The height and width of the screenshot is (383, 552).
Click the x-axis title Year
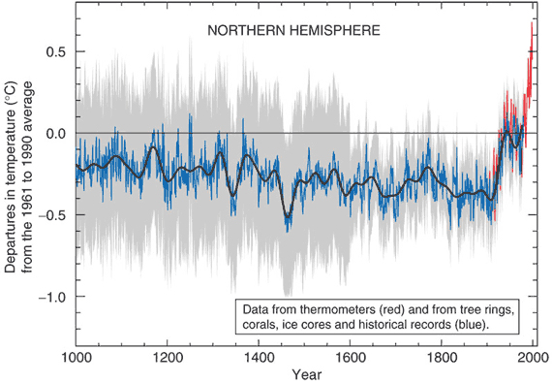pyautogui.click(x=304, y=373)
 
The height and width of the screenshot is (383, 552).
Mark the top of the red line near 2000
pyautogui.click(x=532, y=23)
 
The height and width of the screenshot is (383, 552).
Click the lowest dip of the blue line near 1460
pyautogui.click(x=287, y=230)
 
